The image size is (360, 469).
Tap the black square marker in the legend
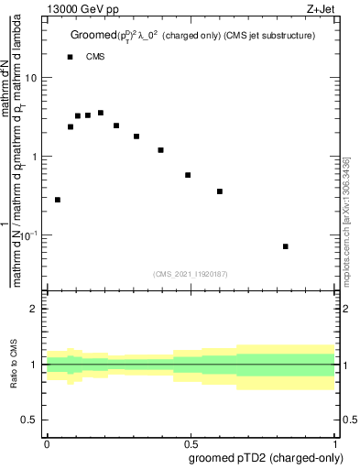(70, 57)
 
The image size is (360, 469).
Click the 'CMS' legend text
(95, 57)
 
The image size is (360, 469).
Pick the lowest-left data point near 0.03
(58, 200)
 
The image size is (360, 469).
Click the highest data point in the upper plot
(101, 113)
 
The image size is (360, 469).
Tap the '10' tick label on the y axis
(31, 78)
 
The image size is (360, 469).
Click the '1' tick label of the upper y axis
(35, 157)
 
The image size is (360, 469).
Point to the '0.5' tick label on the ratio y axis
(30, 420)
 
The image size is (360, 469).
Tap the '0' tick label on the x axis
(47, 442)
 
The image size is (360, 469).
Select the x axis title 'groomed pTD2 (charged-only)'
(266, 457)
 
